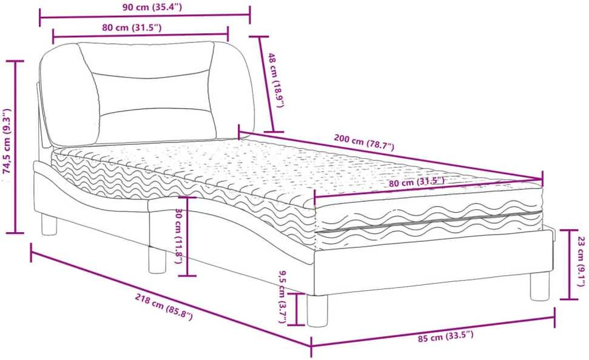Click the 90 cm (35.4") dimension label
pyautogui.click(x=152, y=7)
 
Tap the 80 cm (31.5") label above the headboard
pyautogui.click(x=132, y=27)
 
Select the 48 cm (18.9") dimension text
pyautogui.click(x=274, y=80)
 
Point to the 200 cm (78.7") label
pyautogui.click(x=364, y=142)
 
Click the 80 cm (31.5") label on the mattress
pyautogui.click(x=417, y=182)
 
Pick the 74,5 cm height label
pyautogui.click(x=7, y=142)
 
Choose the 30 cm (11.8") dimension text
pyautogui.click(x=179, y=236)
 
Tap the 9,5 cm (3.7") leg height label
pyautogui.click(x=282, y=297)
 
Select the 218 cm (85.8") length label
pyautogui.click(x=164, y=306)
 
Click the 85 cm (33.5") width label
pyautogui.click(x=445, y=336)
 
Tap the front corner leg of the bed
pyautogui.click(x=317, y=310)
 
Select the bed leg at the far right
pyautogui.click(x=539, y=286)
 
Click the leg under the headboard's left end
pyautogui.click(x=49, y=224)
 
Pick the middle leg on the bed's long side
pyautogui.click(x=157, y=259)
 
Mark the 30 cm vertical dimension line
pyautogui.click(x=187, y=236)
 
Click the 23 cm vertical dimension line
pyautogui.click(x=569, y=264)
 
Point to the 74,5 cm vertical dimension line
pyautogui.click(x=15, y=147)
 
